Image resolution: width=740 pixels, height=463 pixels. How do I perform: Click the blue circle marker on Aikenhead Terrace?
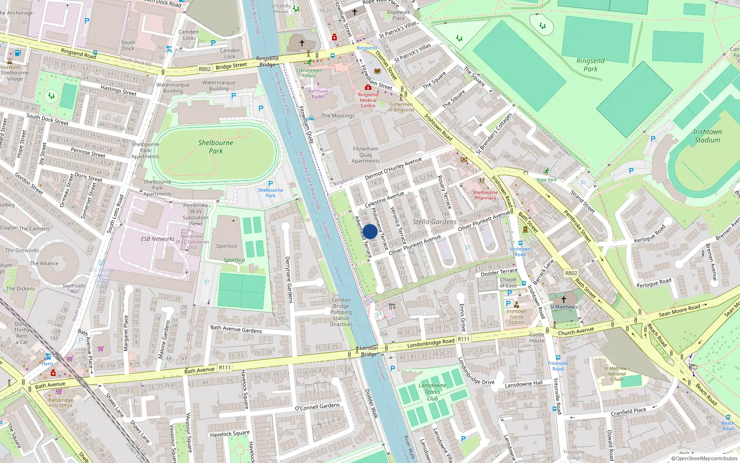coord(370,231)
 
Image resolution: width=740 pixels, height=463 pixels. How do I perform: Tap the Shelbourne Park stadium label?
coord(216,146)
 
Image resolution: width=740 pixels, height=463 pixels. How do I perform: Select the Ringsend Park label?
coord(590,65)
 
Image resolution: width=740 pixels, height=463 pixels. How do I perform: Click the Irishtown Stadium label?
coord(707,136)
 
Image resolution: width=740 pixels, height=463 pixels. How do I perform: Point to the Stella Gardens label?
coord(434,222)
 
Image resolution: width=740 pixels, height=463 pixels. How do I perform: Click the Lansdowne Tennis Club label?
coord(432,392)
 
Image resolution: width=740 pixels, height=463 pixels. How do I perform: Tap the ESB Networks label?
coord(158,239)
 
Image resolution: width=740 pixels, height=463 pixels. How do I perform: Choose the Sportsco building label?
coord(226,246)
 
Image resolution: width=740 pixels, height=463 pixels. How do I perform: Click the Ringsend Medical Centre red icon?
coord(368,87)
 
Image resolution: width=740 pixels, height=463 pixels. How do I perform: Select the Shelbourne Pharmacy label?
coord(485,195)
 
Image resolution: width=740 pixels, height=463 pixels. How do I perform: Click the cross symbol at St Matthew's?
coord(563,300)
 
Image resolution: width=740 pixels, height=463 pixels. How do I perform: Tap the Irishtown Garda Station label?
coord(516,317)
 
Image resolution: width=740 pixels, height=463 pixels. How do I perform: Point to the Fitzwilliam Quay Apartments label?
coord(365,155)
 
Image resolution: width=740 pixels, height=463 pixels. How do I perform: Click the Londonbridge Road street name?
coord(431,343)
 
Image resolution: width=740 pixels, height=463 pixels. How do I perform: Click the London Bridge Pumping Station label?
coord(341,312)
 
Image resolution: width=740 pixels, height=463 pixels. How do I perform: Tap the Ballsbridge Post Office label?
coord(61,402)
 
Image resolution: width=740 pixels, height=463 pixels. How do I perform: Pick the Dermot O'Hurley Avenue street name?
coord(393,169)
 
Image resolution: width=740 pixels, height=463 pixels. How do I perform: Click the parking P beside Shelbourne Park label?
coord(271,184)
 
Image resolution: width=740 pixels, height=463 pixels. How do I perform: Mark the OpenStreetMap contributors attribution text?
coord(704,458)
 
